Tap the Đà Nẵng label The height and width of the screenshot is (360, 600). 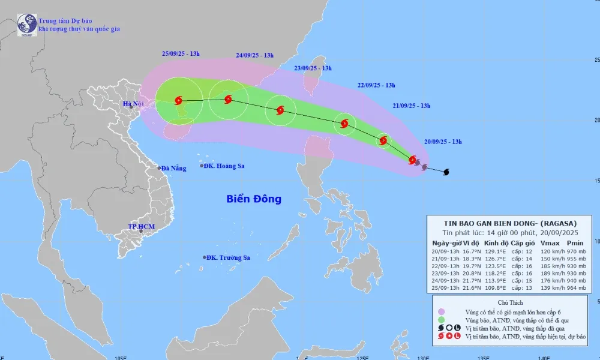(x=174, y=168)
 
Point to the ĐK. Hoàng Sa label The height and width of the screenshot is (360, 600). (x=224, y=166)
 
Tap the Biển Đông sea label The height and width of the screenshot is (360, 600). (x=254, y=199)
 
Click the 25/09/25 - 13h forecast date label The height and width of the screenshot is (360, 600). (x=181, y=54)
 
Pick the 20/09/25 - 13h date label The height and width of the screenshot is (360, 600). (x=442, y=142)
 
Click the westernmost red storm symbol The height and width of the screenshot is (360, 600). (x=178, y=100)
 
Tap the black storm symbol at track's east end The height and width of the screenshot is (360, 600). (x=446, y=172)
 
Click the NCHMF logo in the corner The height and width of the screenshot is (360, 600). (x=27, y=25)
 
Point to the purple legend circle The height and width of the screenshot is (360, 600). (x=441, y=312)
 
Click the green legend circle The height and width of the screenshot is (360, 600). (x=441, y=320)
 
